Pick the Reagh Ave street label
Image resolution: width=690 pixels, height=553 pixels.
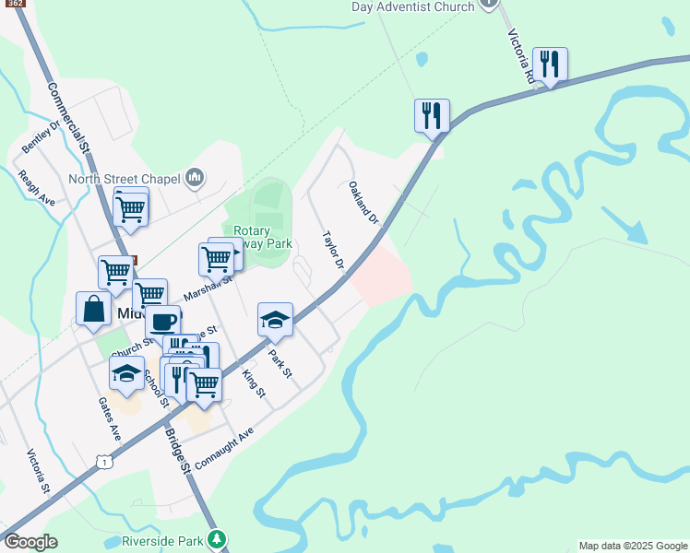(36, 187)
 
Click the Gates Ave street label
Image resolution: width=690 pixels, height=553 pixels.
(110, 418)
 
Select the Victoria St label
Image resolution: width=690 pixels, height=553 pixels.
(38, 471)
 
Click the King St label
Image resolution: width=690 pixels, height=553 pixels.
(252, 383)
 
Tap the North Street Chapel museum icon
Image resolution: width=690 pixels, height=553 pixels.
(195, 178)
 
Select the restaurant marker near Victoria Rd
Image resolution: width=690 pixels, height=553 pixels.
(550, 64)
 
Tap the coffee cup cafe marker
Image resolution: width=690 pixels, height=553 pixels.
(163, 322)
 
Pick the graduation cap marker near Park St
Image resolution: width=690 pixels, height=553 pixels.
(274, 319)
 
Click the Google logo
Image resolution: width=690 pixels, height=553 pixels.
(30, 542)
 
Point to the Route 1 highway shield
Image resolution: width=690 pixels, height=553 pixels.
(108, 462)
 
